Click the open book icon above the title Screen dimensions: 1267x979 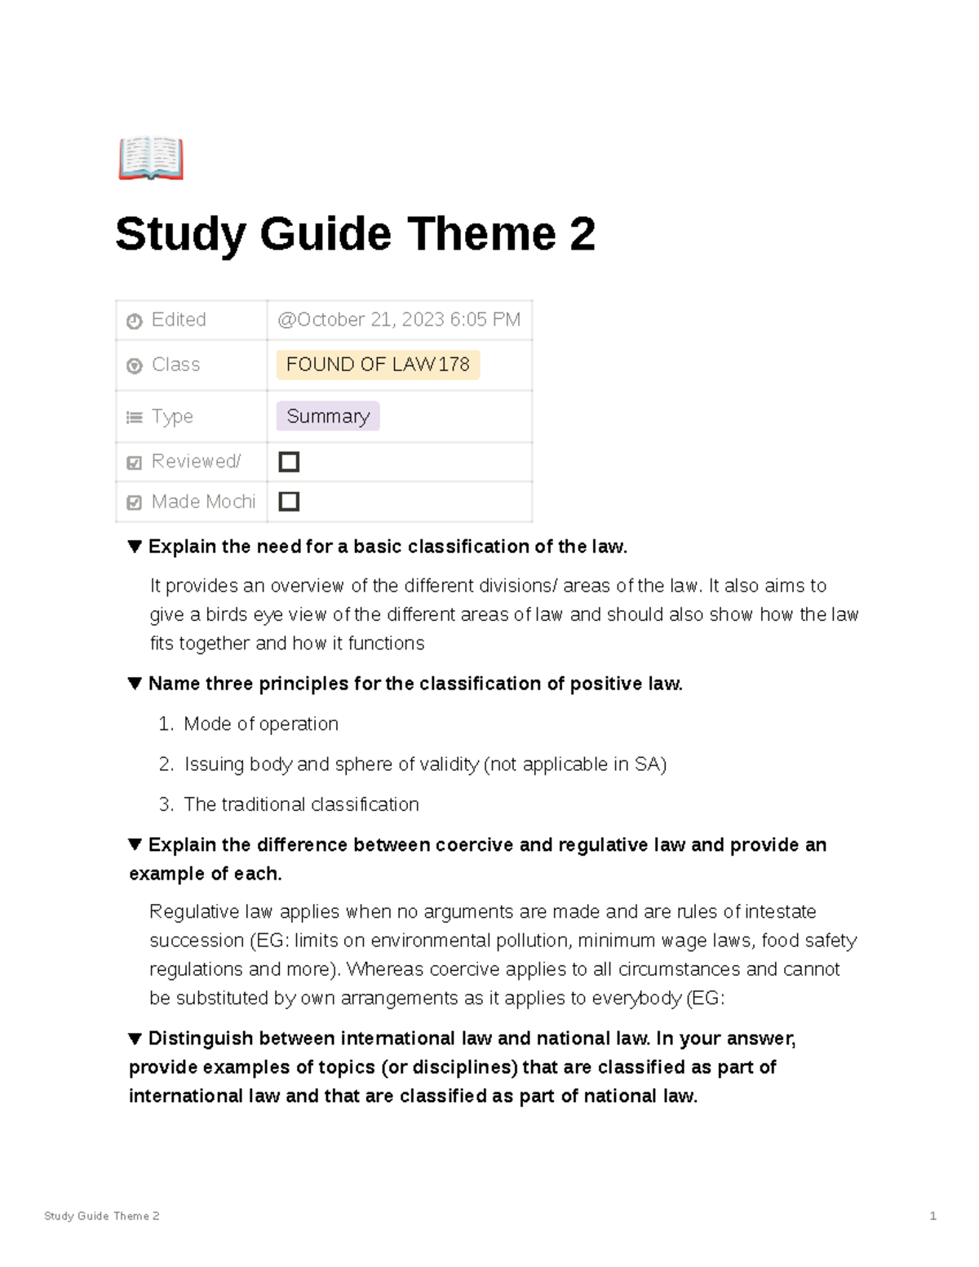pos(151,158)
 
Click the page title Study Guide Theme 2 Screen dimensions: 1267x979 pos(355,234)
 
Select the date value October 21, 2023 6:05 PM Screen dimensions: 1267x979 pos(399,320)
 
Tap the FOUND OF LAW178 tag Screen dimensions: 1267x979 pos(378,365)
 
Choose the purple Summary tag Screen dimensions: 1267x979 pos(328,416)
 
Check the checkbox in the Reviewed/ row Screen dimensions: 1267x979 pos(289,462)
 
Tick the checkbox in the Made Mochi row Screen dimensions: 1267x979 pos(289,502)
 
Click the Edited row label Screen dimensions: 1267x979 pos(178,320)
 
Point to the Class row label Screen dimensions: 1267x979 pos(175,365)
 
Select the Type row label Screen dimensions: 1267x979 pos(172,416)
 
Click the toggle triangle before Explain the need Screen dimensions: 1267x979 pos(135,547)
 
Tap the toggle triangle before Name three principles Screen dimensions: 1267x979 pos(135,684)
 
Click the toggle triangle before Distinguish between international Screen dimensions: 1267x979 pos(135,1039)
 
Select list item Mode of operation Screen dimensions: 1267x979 pos(261,724)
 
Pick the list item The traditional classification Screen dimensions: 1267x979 pos(301,804)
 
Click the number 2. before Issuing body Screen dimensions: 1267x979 pos(166,764)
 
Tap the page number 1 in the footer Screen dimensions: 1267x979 pos(932,1216)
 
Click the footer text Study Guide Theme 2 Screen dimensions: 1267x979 pos(102,1216)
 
